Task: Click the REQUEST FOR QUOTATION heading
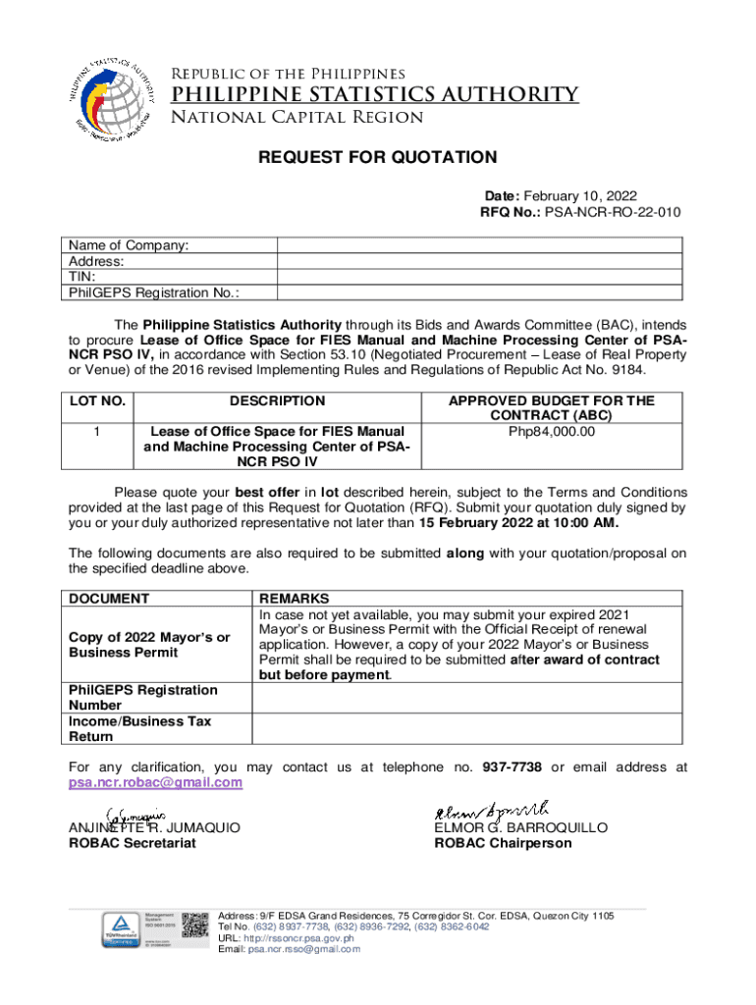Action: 377,157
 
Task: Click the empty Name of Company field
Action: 479,245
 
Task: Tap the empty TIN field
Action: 479,277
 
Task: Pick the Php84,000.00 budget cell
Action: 552,431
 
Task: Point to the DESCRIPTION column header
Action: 278,400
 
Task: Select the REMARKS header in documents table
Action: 294,598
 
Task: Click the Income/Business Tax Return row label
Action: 139,728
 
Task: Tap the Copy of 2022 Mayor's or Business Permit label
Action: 149,645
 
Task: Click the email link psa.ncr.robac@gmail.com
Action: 154,782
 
